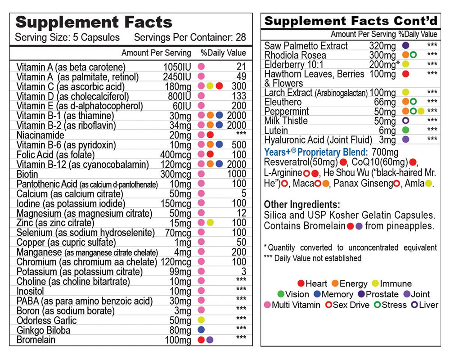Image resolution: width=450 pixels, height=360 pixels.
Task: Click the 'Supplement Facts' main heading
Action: (94, 22)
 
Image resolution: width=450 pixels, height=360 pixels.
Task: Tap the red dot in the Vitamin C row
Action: (219, 86)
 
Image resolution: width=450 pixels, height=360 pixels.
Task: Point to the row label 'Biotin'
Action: (27, 174)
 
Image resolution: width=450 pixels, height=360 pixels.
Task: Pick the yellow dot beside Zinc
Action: (210, 223)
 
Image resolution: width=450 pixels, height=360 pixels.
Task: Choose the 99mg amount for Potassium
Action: (180, 271)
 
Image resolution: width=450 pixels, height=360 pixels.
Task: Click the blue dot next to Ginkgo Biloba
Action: (201, 330)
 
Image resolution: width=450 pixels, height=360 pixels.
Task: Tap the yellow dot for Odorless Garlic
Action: (201, 320)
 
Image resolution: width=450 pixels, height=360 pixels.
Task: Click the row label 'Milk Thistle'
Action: (286, 121)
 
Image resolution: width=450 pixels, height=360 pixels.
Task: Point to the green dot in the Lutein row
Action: (405, 130)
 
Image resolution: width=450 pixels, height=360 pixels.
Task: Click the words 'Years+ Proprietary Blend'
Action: (315, 153)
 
